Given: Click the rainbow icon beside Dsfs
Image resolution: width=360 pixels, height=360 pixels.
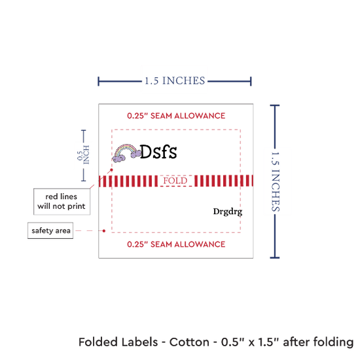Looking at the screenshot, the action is coord(126,153).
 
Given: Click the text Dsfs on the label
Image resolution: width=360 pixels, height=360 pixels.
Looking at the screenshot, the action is coord(158,152).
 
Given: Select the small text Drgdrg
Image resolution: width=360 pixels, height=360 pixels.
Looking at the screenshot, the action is coord(228,211).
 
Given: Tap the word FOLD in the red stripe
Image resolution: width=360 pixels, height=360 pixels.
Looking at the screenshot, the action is coord(175,181).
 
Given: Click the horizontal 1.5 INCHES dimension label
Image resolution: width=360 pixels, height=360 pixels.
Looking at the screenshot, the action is coord(175,81).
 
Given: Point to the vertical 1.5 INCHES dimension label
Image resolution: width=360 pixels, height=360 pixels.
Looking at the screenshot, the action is coord(276,181).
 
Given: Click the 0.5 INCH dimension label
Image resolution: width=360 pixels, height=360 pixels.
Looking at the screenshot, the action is coord(83,155).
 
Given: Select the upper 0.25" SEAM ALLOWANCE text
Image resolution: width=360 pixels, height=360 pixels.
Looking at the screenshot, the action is coord(176,116).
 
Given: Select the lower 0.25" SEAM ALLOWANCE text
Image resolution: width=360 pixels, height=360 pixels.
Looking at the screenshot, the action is coord(176,244).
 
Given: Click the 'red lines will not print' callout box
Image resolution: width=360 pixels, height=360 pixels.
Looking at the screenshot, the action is coord(62,202).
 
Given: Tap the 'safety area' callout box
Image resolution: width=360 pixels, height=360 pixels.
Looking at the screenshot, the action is coord(50,230).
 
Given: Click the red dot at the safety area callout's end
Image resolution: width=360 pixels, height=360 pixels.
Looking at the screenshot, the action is coord(104,231).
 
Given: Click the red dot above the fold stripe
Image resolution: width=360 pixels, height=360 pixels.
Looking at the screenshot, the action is coord(111,170).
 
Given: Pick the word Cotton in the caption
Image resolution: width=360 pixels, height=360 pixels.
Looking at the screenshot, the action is coord(189,342).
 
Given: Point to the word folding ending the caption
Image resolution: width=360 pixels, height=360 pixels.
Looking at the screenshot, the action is coord(333,342).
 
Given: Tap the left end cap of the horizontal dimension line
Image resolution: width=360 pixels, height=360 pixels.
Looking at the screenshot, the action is coord(98,81).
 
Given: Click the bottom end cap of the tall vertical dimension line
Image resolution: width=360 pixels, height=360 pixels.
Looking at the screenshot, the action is coord(275,258).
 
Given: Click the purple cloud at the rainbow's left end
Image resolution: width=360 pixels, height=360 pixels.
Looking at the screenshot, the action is coord(118,158).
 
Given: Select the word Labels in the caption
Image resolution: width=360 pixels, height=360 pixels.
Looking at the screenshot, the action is coord(139,342).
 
